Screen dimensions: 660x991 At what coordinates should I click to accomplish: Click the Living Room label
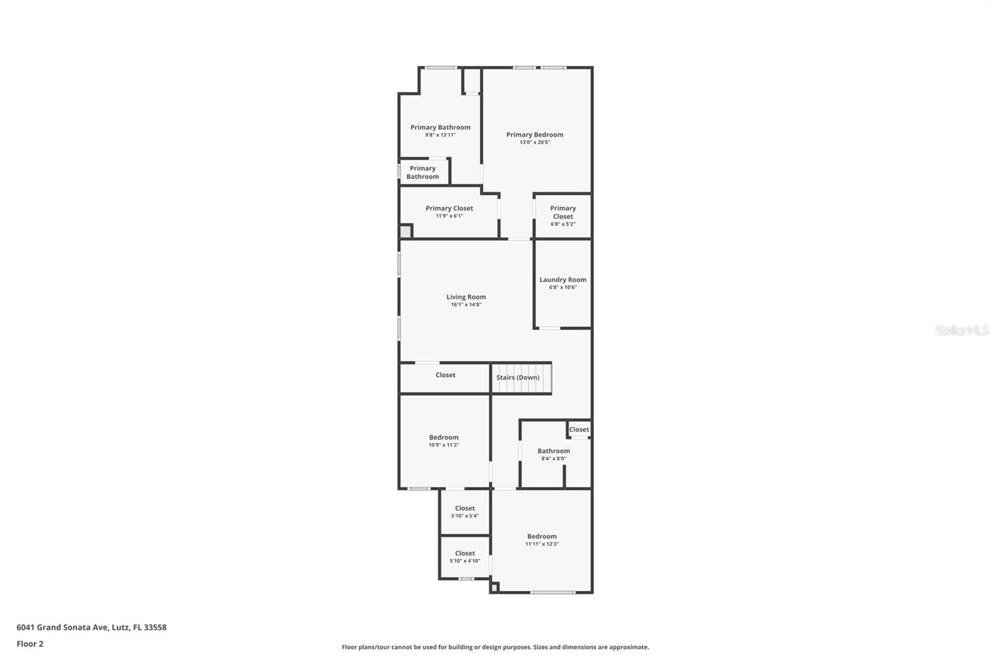click(466, 297)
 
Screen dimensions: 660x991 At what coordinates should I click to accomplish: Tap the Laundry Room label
click(562, 280)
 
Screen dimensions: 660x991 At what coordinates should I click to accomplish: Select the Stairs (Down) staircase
click(521, 378)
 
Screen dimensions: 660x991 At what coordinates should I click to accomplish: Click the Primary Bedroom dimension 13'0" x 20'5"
click(535, 142)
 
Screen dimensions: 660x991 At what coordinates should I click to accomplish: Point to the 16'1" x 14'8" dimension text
click(466, 305)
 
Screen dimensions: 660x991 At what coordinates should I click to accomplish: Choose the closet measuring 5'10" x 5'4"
click(465, 512)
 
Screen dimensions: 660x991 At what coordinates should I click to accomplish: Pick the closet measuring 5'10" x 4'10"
click(465, 557)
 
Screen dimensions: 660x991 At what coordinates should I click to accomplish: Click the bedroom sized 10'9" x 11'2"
click(443, 441)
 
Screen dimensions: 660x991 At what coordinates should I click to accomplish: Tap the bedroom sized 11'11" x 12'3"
click(542, 540)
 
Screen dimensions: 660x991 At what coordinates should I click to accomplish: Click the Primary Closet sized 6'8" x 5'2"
click(562, 215)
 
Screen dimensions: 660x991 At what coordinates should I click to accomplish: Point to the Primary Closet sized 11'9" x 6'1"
click(449, 212)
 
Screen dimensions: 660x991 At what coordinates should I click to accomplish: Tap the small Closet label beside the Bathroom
click(578, 430)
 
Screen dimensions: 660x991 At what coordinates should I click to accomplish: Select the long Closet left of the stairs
click(445, 375)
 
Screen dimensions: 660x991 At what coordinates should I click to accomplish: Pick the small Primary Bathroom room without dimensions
click(422, 172)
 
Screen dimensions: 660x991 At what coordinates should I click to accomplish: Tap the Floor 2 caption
click(30, 644)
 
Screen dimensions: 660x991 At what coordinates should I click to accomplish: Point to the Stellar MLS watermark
click(961, 331)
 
